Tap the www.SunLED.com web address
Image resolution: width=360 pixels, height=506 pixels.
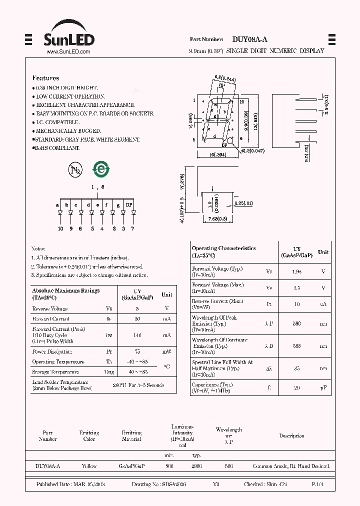pyautogui.click(x=68, y=52)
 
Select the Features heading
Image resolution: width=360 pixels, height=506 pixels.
pyautogui.click(x=45, y=78)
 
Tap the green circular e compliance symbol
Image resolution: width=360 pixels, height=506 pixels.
pyautogui.click(x=101, y=169)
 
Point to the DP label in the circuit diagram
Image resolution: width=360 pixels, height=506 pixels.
pyautogui.click(x=129, y=205)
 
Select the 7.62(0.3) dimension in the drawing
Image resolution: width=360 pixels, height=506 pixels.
pyautogui.click(x=216, y=218)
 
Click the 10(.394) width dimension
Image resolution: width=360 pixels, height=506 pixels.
pyautogui.click(x=217, y=155)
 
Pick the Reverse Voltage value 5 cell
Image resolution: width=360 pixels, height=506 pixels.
pyautogui.click(x=137, y=309)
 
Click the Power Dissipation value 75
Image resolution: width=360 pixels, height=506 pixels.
pyautogui.click(x=137, y=351)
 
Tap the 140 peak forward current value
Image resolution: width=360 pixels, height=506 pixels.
pyautogui.click(x=137, y=335)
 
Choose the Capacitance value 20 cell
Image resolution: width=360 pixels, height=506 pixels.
pyautogui.click(x=297, y=387)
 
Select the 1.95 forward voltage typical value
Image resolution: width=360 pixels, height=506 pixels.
pyautogui.click(x=297, y=271)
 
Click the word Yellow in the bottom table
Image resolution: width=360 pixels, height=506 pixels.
pyautogui.click(x=89, y=466)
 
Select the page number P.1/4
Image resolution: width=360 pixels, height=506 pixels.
pyautogui.click(x=317, y=485)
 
